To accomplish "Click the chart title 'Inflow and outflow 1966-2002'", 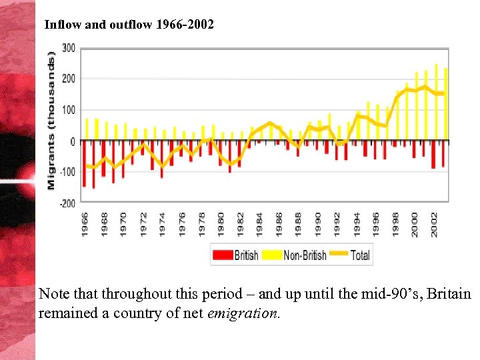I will pyautogui.click(x=129, y=25).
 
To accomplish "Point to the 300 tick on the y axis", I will pyautogui.click(x=68, y=48).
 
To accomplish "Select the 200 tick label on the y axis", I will pyautogui.click(x=68, y=79).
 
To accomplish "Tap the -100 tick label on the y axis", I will pyautogui.click(x=67, y=172).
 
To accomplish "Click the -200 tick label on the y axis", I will pyautogui.click(x=67, y=203).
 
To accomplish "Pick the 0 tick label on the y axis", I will pyautogui.click(x=73, y=141).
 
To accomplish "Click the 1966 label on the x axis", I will pyautogui.click(x=85, y=223).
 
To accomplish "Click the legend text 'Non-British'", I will pyautogui.click(x=305, y=255).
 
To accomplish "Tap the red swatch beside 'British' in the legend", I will pyautogui.click(x=223, y=255).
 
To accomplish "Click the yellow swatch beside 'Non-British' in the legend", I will pyautogui.click(x=273, y=255).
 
